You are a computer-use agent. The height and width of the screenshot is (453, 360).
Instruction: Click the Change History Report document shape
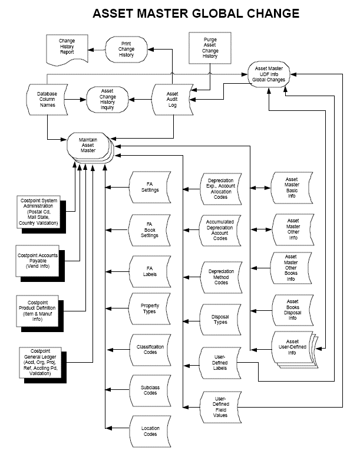pyautogui.click(x=67, y=48)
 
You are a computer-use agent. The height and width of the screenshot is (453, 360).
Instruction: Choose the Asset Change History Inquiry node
pyautogui.click(x=107, y=100)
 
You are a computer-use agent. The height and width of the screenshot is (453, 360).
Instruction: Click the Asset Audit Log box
pyautogui.click(x=172, y=100)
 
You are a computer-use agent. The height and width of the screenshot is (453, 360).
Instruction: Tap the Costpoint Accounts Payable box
pyautogui.click(x=39, y=260)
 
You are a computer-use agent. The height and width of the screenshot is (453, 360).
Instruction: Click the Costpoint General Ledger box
pyautogui.click(x=40, y=362)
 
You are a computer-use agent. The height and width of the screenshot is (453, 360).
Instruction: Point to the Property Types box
pyautogui.click(x=150, y=308)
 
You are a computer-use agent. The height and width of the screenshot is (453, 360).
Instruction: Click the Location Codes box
pyautogui.click(x=150, y=431)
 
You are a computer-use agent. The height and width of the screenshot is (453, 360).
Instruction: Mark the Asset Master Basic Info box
pyautogui.click(x=291, y=188)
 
